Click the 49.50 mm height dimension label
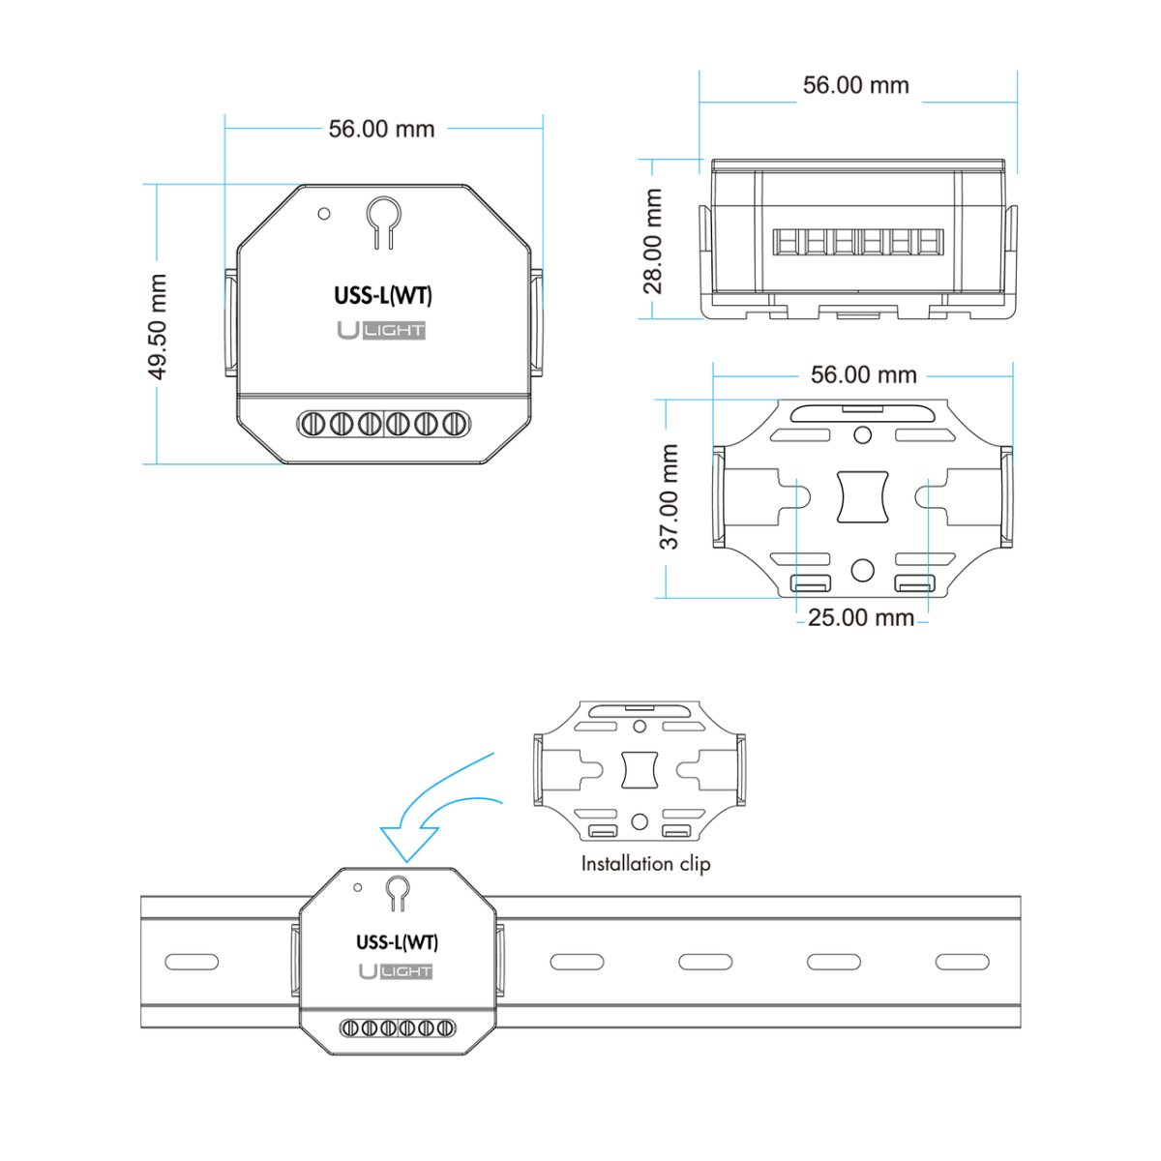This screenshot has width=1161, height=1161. click(x=158, y=326)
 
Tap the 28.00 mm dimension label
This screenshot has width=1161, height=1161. click(x=654, y=241)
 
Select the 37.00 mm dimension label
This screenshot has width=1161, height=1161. click(x=670, y=497)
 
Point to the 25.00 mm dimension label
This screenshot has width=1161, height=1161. click(x=860, y=617)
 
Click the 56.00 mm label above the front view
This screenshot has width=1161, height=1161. click(x=381, y=129)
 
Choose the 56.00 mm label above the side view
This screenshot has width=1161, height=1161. click(x=856, y=85)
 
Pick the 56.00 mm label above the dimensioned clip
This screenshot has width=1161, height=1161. click(x=864, y=374)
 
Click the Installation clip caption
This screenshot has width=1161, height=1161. click(x=645, y=864)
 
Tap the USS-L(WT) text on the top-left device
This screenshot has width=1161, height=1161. click(x=383, y=296)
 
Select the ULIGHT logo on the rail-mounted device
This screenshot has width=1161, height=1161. click(x=396, y=971)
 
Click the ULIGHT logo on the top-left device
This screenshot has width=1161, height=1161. click(x=381, y=330)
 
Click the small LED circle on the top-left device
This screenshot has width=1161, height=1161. click(x=324, y=214)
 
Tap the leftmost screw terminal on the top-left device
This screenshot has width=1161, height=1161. click(x=313, y=424)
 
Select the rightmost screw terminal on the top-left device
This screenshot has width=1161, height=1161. click(x=455, y=424)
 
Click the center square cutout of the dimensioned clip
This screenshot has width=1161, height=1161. click(x=862, y=496)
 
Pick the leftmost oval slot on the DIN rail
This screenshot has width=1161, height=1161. click(x=192, y=962)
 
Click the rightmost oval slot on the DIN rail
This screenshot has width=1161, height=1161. click(x=962, y=962)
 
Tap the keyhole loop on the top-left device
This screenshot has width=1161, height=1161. click(x=383, y=215)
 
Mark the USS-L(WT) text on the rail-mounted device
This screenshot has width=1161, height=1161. click(x=397, y=942)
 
